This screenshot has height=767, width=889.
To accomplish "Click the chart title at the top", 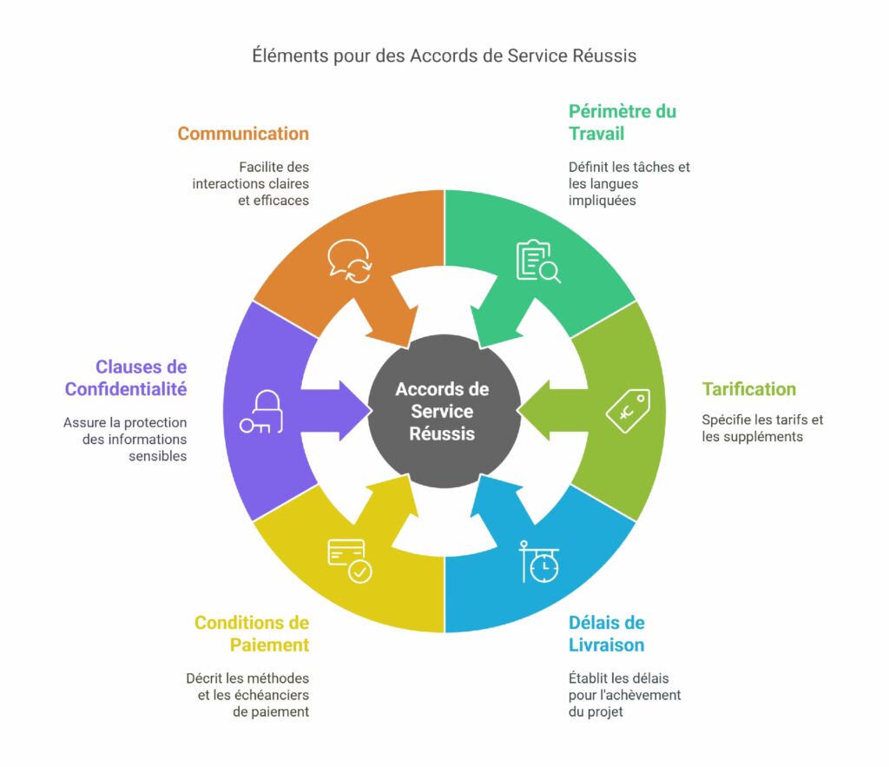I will [444, 56].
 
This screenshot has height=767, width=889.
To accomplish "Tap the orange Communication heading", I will [243, 134].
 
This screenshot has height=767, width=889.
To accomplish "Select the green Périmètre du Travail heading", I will [622, 122].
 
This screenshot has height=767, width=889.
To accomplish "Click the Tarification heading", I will [748, 389].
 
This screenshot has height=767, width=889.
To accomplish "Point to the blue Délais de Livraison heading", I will [606, 633].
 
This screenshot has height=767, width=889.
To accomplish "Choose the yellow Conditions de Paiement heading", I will [252, 633].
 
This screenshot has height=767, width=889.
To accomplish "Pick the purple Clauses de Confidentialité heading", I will [126, 378].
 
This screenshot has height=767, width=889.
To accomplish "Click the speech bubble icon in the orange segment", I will [349, 261].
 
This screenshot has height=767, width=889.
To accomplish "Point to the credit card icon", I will [349, 561].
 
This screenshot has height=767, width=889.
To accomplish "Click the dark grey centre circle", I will [443, 411].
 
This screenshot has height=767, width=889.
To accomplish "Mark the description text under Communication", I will [250, 183].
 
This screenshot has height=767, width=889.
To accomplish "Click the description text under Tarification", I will [762, 428].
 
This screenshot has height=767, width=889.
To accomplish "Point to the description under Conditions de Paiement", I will [247, 695].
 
